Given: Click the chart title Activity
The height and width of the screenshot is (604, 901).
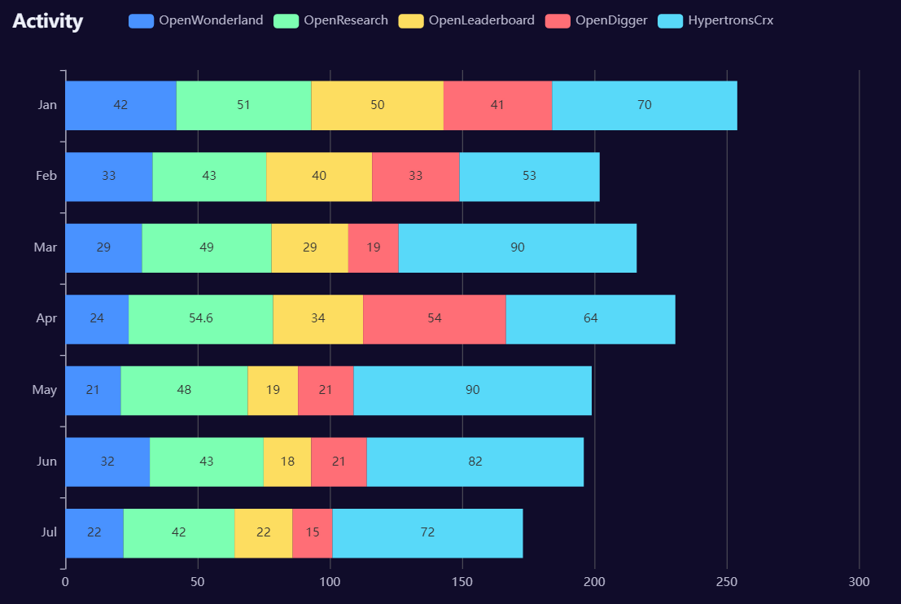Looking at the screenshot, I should (47, 22).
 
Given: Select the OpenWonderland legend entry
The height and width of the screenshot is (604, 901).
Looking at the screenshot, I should (195, 20).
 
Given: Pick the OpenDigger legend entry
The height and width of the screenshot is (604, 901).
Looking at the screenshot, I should (597, 20).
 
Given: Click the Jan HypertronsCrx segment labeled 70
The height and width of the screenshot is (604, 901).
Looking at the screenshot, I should (645, 105).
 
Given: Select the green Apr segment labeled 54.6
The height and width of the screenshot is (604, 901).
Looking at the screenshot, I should (200, 318).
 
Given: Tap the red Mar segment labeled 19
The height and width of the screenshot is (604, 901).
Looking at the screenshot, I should (373, 247).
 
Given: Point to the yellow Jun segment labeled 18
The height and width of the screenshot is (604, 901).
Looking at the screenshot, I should (287, 462).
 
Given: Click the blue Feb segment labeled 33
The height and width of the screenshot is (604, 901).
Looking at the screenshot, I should (109, 176).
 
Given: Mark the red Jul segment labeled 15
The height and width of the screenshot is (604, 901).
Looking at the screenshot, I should (313, 532).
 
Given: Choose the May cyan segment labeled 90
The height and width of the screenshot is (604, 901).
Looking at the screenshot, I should (472, 390).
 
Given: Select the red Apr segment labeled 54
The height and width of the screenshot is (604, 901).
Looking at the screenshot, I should (435, 318).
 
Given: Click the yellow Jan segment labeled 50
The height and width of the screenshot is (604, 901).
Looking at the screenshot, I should (377, 105).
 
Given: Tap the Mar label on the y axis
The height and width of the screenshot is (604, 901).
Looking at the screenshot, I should (46, 247).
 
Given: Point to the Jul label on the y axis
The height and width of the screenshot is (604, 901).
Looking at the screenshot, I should (49, 532).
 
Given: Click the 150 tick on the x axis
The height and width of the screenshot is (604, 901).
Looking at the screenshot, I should (462, 582).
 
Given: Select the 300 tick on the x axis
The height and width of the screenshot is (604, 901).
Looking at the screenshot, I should (859, 582).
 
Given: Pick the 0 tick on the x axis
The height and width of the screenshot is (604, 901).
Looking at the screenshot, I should (65, 582).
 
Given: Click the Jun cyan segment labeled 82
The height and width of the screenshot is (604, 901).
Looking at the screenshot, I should (475, 462).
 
